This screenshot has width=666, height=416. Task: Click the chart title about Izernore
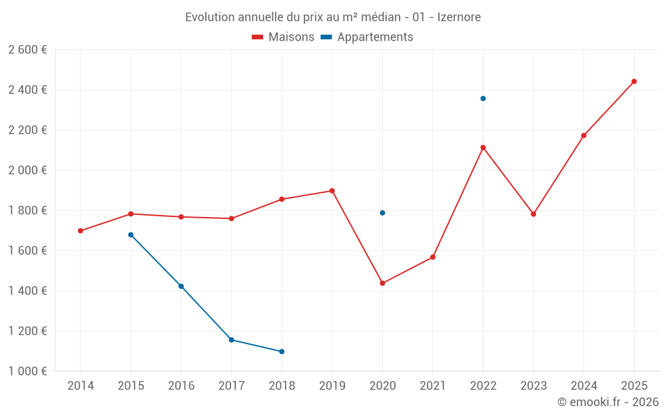(332, 17)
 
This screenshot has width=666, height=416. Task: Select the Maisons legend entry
(283, 37)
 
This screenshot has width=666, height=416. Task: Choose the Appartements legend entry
(367, 37)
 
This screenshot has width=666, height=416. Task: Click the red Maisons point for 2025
(634, 81)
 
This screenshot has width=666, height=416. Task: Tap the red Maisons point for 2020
(382, 283)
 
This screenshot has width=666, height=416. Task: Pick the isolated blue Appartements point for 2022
(483, 99)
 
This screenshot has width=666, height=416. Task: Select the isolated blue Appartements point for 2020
(382, 213)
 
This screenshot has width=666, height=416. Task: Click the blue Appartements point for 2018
(282, 351)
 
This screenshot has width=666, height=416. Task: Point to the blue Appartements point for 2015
(131, 235)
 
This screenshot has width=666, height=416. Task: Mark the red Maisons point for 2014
(81, 231)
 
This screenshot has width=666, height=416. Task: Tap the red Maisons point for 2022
(483, 148)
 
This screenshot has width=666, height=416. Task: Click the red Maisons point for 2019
(332, 191)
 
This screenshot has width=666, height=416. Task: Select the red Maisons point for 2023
(533, 214)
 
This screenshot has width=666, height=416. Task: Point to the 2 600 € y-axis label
(27, 50)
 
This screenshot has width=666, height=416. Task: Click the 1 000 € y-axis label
(27, 371)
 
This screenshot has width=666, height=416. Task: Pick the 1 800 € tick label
(27, 210)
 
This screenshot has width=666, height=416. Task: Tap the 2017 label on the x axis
(231, 386)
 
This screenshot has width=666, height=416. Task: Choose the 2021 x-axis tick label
(433, 386)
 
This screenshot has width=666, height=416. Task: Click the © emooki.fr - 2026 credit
(607, 402)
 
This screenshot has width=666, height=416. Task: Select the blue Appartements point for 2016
(181, 286)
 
